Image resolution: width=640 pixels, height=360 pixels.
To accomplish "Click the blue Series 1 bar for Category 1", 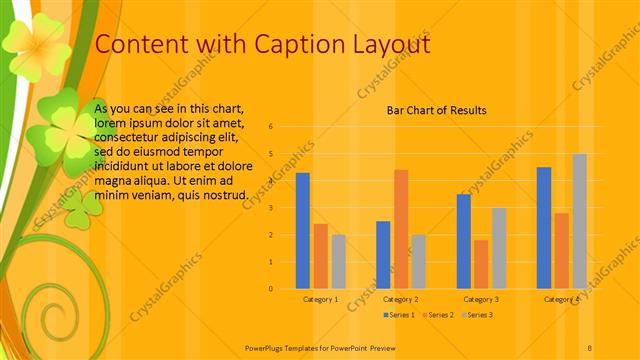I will coord(302,231).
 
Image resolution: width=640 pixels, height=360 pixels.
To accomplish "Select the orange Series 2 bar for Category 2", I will coord(401,229).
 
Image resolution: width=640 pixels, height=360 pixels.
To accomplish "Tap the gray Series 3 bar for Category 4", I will coord(579,221).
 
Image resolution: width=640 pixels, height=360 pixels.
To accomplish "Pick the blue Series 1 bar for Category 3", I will coord(463,241).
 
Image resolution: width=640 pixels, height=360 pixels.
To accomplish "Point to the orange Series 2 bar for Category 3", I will coord(481,264).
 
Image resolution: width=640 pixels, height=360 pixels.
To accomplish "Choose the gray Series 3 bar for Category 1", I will coord(339,261).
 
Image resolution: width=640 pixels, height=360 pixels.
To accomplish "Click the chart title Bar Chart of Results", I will coord(436,110).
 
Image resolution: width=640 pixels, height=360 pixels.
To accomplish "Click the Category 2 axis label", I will coord(400,299).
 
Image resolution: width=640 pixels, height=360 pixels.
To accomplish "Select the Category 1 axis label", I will coord(320,299).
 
